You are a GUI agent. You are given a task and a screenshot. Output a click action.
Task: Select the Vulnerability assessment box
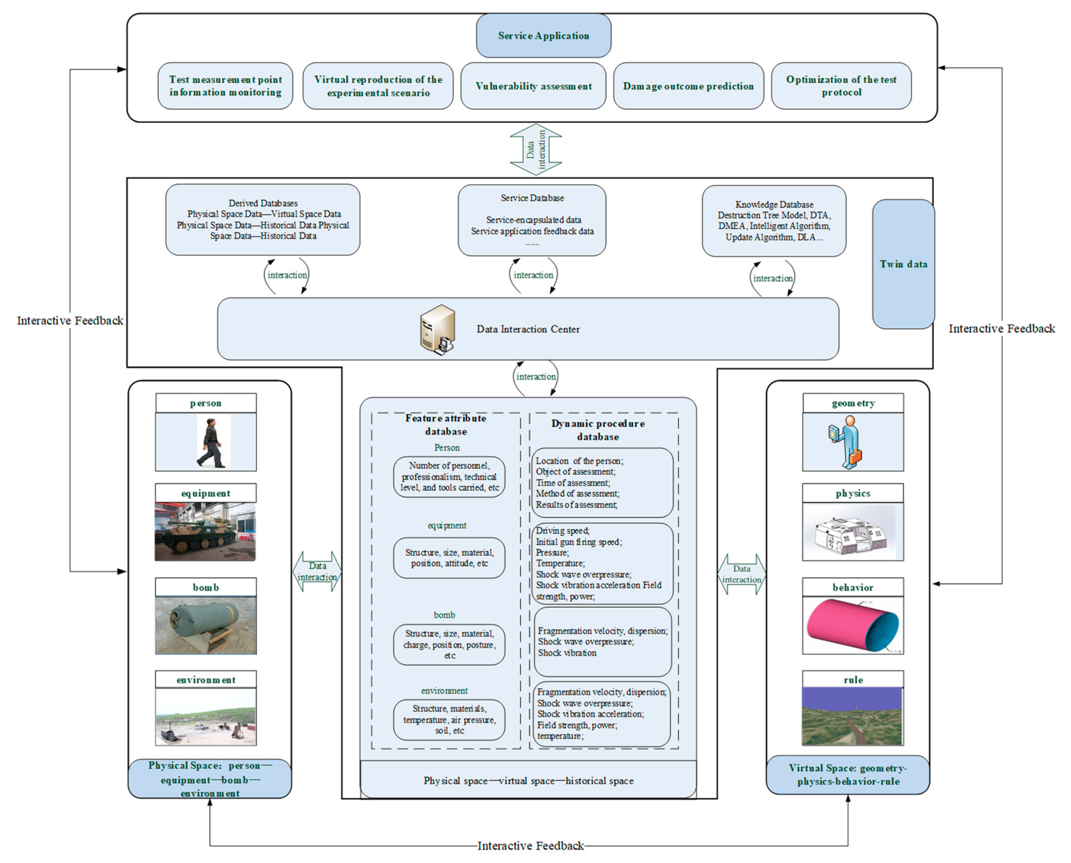coord(533,86)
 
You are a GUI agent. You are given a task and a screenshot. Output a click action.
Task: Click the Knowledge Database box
coord(774,221)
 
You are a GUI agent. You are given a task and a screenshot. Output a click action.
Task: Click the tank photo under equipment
coord(205,531)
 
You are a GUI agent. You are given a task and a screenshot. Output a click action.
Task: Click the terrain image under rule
coord(852,716)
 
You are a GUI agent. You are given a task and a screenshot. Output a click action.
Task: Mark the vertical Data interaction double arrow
coord(536,150)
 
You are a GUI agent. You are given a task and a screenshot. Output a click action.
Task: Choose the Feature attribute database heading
coord(446,425)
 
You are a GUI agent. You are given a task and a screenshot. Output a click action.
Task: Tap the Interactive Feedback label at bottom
coord(530,846)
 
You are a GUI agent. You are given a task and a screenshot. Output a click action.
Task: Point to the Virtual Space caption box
coord(847,774)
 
